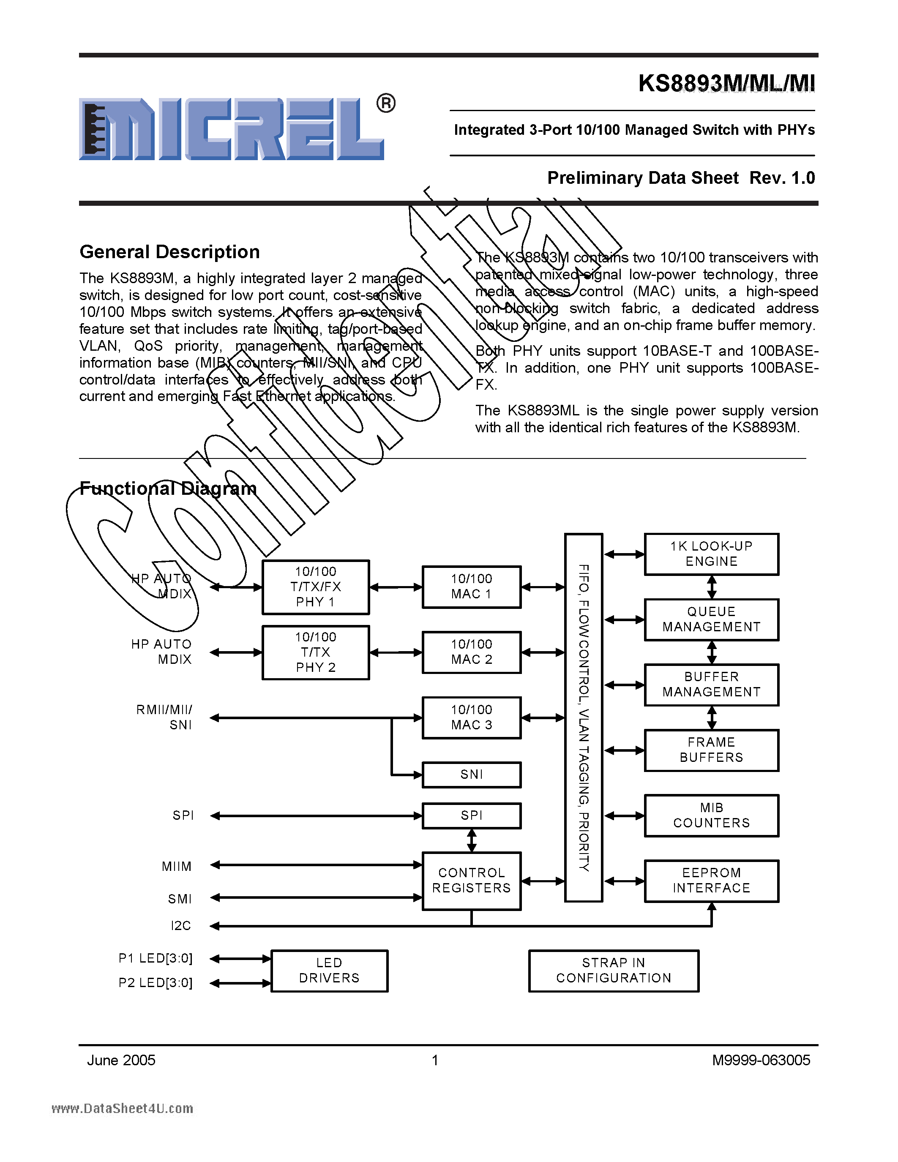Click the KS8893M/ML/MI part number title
coord(726,84)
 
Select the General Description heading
coord(169,252)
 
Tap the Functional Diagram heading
coord(168,488)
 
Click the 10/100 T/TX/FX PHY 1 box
coord(316,587)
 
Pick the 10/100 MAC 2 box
coord(471,652)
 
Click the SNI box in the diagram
coord(471,775)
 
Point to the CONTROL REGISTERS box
coord(471,881)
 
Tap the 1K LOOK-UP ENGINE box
coord(711,554)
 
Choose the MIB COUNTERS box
coord(711,816)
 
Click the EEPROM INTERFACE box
coord(711,881)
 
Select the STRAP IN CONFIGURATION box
coord(613,971)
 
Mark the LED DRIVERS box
coord(329,971)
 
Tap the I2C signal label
coord(181,926)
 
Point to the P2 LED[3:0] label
coord(156,983)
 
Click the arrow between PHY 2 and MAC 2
coord(396,653)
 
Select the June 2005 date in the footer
coord(121,1061)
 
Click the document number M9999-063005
coord(761,1061)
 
